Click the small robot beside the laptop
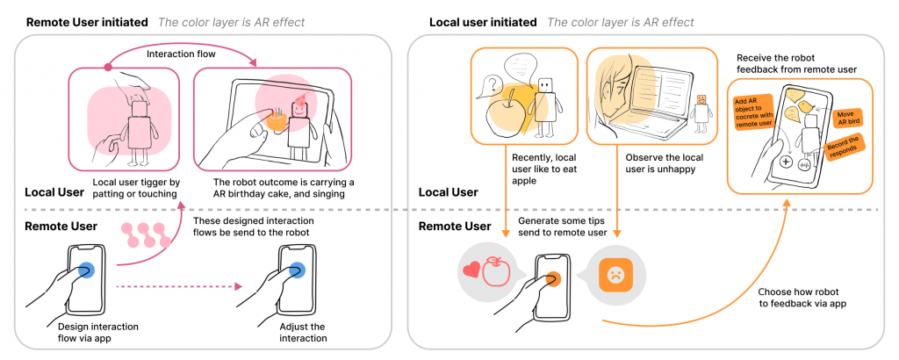(x=701, y=110)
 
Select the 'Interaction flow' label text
(x=181, y=54)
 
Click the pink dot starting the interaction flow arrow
(x=108, y=67)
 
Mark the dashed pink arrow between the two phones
(x=180, y=285)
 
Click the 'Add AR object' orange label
(x=752, y=112)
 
